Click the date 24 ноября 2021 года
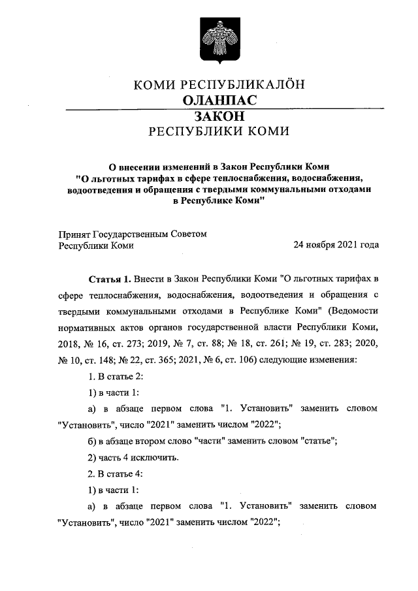click(336, 246)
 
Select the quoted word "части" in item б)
click(212, 440)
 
